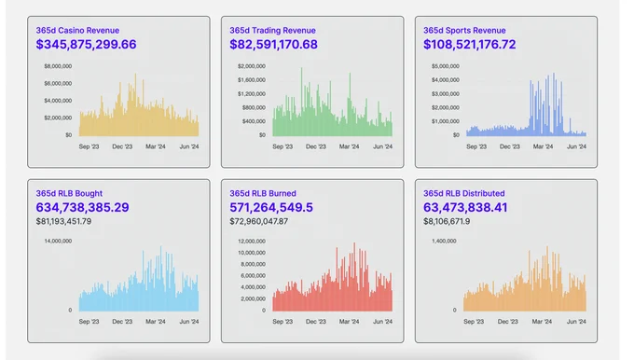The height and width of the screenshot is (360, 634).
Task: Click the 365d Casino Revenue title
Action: click(77, 31)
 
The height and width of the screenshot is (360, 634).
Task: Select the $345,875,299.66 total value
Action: click(86, 45)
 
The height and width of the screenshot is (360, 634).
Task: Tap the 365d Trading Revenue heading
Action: click(272, 31)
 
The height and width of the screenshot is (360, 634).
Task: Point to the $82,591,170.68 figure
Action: click(274, 45)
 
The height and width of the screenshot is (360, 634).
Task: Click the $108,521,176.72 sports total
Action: click(469, 45)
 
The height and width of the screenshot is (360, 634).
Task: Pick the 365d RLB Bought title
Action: click(69, 193)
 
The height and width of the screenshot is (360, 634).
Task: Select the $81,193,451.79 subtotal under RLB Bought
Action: click(63, 221)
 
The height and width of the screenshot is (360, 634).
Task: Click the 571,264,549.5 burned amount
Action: click(271, 207)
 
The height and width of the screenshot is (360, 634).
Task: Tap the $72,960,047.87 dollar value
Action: click(259, 221)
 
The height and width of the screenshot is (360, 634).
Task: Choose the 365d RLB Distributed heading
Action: click(463, 193)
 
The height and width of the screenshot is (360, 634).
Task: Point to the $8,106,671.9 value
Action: click(447, 221)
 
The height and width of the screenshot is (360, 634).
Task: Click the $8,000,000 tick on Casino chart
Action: click(58, 66)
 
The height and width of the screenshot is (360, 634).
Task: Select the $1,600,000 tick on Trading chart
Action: click(252, 80)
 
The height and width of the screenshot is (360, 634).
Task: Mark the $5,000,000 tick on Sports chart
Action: click(445, 66)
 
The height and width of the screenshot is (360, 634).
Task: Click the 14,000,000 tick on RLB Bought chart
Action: click(58, 241)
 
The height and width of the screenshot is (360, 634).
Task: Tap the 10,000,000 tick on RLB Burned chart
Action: click(252, 253)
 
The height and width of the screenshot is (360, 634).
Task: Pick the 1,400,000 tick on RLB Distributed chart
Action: click(444, 241)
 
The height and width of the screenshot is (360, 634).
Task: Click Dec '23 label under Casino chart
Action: click(122, 146)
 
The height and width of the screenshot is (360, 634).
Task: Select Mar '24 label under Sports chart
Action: click(543, 146)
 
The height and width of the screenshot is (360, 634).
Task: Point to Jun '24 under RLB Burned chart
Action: click(382, 322)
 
